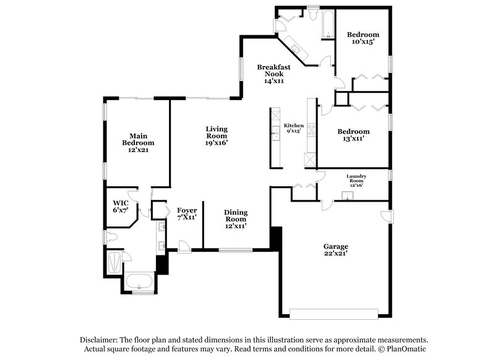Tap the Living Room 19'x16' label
point(217,135)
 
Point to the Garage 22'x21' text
point(335,249)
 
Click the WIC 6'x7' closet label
point(120,207)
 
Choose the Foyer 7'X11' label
point(186,214)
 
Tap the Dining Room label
point(235,218)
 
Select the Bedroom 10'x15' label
point(362,38)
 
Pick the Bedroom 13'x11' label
point(353,135)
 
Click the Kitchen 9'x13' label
point(294,128)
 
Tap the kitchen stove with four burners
point(311,129)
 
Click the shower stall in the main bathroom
point(115,262)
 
